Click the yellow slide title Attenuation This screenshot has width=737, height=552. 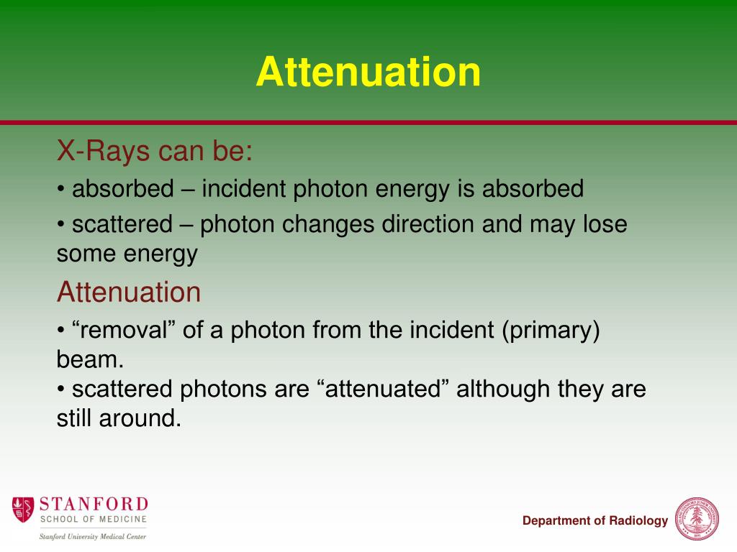point(368,73)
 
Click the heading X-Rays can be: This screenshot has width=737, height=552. point(155,152)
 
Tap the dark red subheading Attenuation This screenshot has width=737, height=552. point(129,293)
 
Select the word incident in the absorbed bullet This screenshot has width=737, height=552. point(242,189)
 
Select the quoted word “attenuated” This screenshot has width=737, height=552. point(384,390)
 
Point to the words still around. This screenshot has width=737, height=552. point(119,418)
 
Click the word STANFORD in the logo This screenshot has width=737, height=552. point(94,503)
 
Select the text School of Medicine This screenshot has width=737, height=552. point(94,519)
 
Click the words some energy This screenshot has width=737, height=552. point(127,254)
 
